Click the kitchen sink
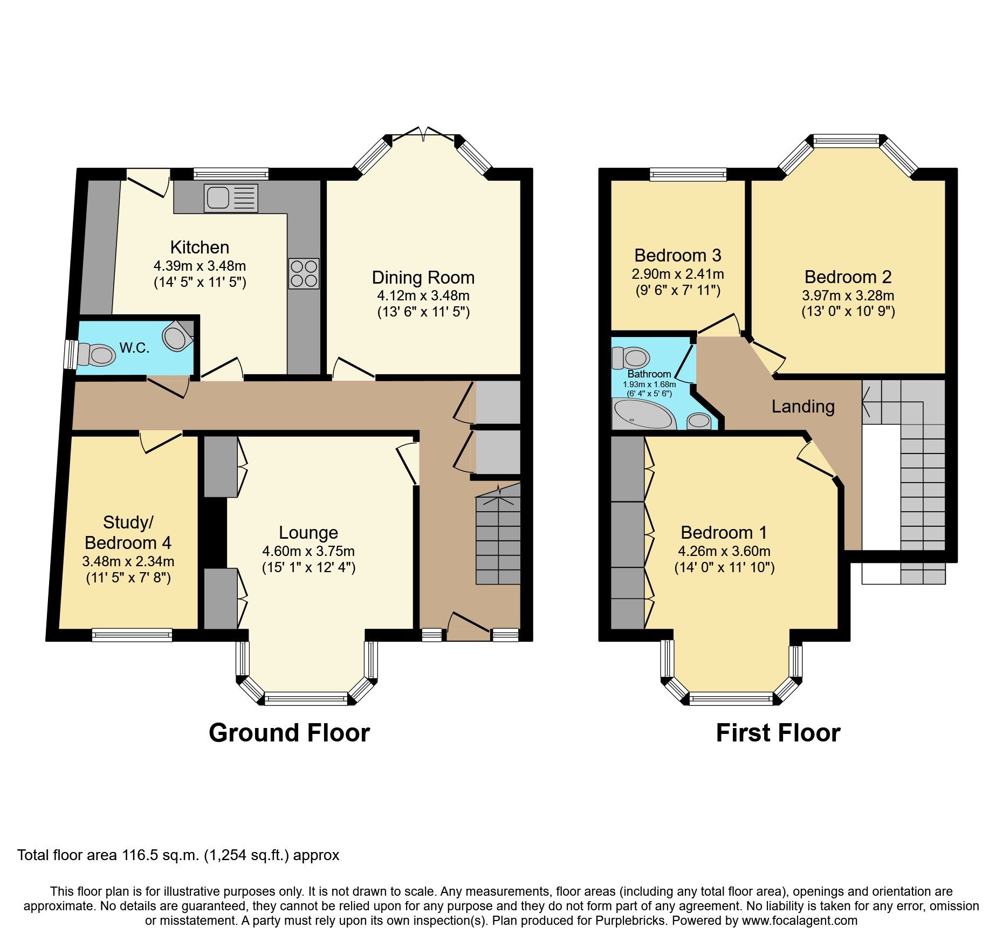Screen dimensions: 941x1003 click(231, 198)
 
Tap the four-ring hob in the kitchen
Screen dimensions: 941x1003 click(304, 273)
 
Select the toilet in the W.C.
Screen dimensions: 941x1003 click(97, 355)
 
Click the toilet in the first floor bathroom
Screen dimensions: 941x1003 click(630, 358)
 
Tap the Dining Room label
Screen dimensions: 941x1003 click(423, 278)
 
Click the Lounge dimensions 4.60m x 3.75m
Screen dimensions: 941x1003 click(308, 551)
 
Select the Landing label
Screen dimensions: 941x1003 click(802, 406)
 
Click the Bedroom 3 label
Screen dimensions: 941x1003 click(677, 255)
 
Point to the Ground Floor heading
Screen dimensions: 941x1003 click(289, 733)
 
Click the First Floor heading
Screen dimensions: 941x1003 click(778, 733)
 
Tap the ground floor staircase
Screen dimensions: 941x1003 click(498, 539)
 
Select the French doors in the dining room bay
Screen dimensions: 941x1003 click(424, 134)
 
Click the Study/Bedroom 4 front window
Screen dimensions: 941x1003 click(132, 635)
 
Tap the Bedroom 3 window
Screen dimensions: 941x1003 click(688, 174)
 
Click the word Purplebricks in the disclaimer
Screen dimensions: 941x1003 click(630, 921)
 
